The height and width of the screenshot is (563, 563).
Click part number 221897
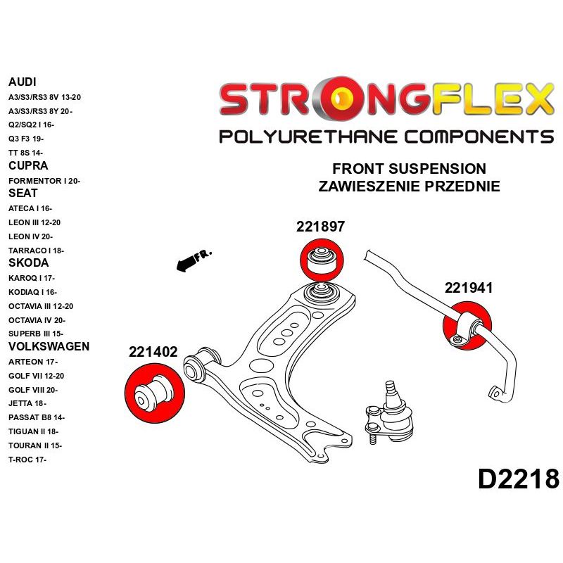coord(320,227)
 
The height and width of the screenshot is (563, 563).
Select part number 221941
coord(468,288)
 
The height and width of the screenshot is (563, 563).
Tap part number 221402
coord(153,353)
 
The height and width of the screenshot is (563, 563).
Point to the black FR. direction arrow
coord(191,262)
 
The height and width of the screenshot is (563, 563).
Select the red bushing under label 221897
coord(321,259)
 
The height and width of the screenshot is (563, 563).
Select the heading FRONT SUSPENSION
coord(409,170)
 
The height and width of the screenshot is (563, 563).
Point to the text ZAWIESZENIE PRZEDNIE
coord(409,186)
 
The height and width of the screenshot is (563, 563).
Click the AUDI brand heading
coord(23,82)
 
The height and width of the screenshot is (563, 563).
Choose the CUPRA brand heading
coord(28,166)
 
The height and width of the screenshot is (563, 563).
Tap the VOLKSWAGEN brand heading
coord(49,346)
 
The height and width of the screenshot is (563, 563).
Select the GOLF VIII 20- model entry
coord(33,389)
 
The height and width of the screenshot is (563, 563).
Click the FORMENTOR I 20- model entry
coord(44,181)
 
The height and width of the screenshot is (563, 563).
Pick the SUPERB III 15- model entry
coord(36,334)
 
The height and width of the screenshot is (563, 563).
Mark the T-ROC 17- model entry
coord(28,460)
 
